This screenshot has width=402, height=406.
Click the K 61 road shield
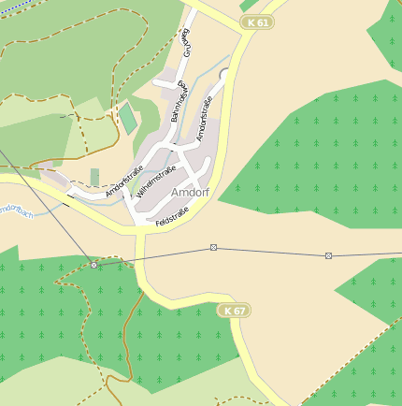tap(256, 22)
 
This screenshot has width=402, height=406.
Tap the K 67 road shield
tap(235, 311)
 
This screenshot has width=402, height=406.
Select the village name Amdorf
tap(191, 192)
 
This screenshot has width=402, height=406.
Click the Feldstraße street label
tap(172, 220)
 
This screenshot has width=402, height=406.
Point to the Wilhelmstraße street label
tap(156, 181)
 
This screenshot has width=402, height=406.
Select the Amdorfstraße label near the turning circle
tap(211, 118)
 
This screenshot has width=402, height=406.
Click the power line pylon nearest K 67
tap(93, 265)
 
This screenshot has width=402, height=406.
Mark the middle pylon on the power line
tap(213, 248)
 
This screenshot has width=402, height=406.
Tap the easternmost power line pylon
tap(328, 255)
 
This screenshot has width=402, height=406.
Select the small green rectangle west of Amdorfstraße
tap(94, 176)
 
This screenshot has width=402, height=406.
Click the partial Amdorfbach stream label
tap(16, 213)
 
